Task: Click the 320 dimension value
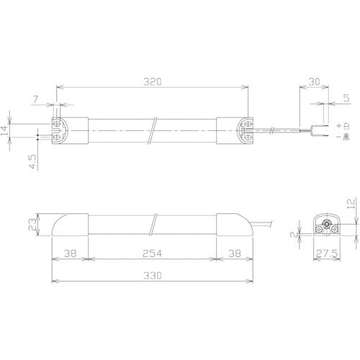pos(153,82)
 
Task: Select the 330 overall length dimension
pos(153,276)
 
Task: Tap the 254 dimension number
pos(152,253)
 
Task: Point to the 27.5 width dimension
pos(327,253)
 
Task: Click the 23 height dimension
pos(32,225)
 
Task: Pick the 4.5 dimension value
pos(32,162)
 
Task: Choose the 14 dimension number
pos(4,130)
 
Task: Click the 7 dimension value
pos(35,99)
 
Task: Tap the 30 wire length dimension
pos(314,82)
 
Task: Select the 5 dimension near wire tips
pos(346,98)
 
